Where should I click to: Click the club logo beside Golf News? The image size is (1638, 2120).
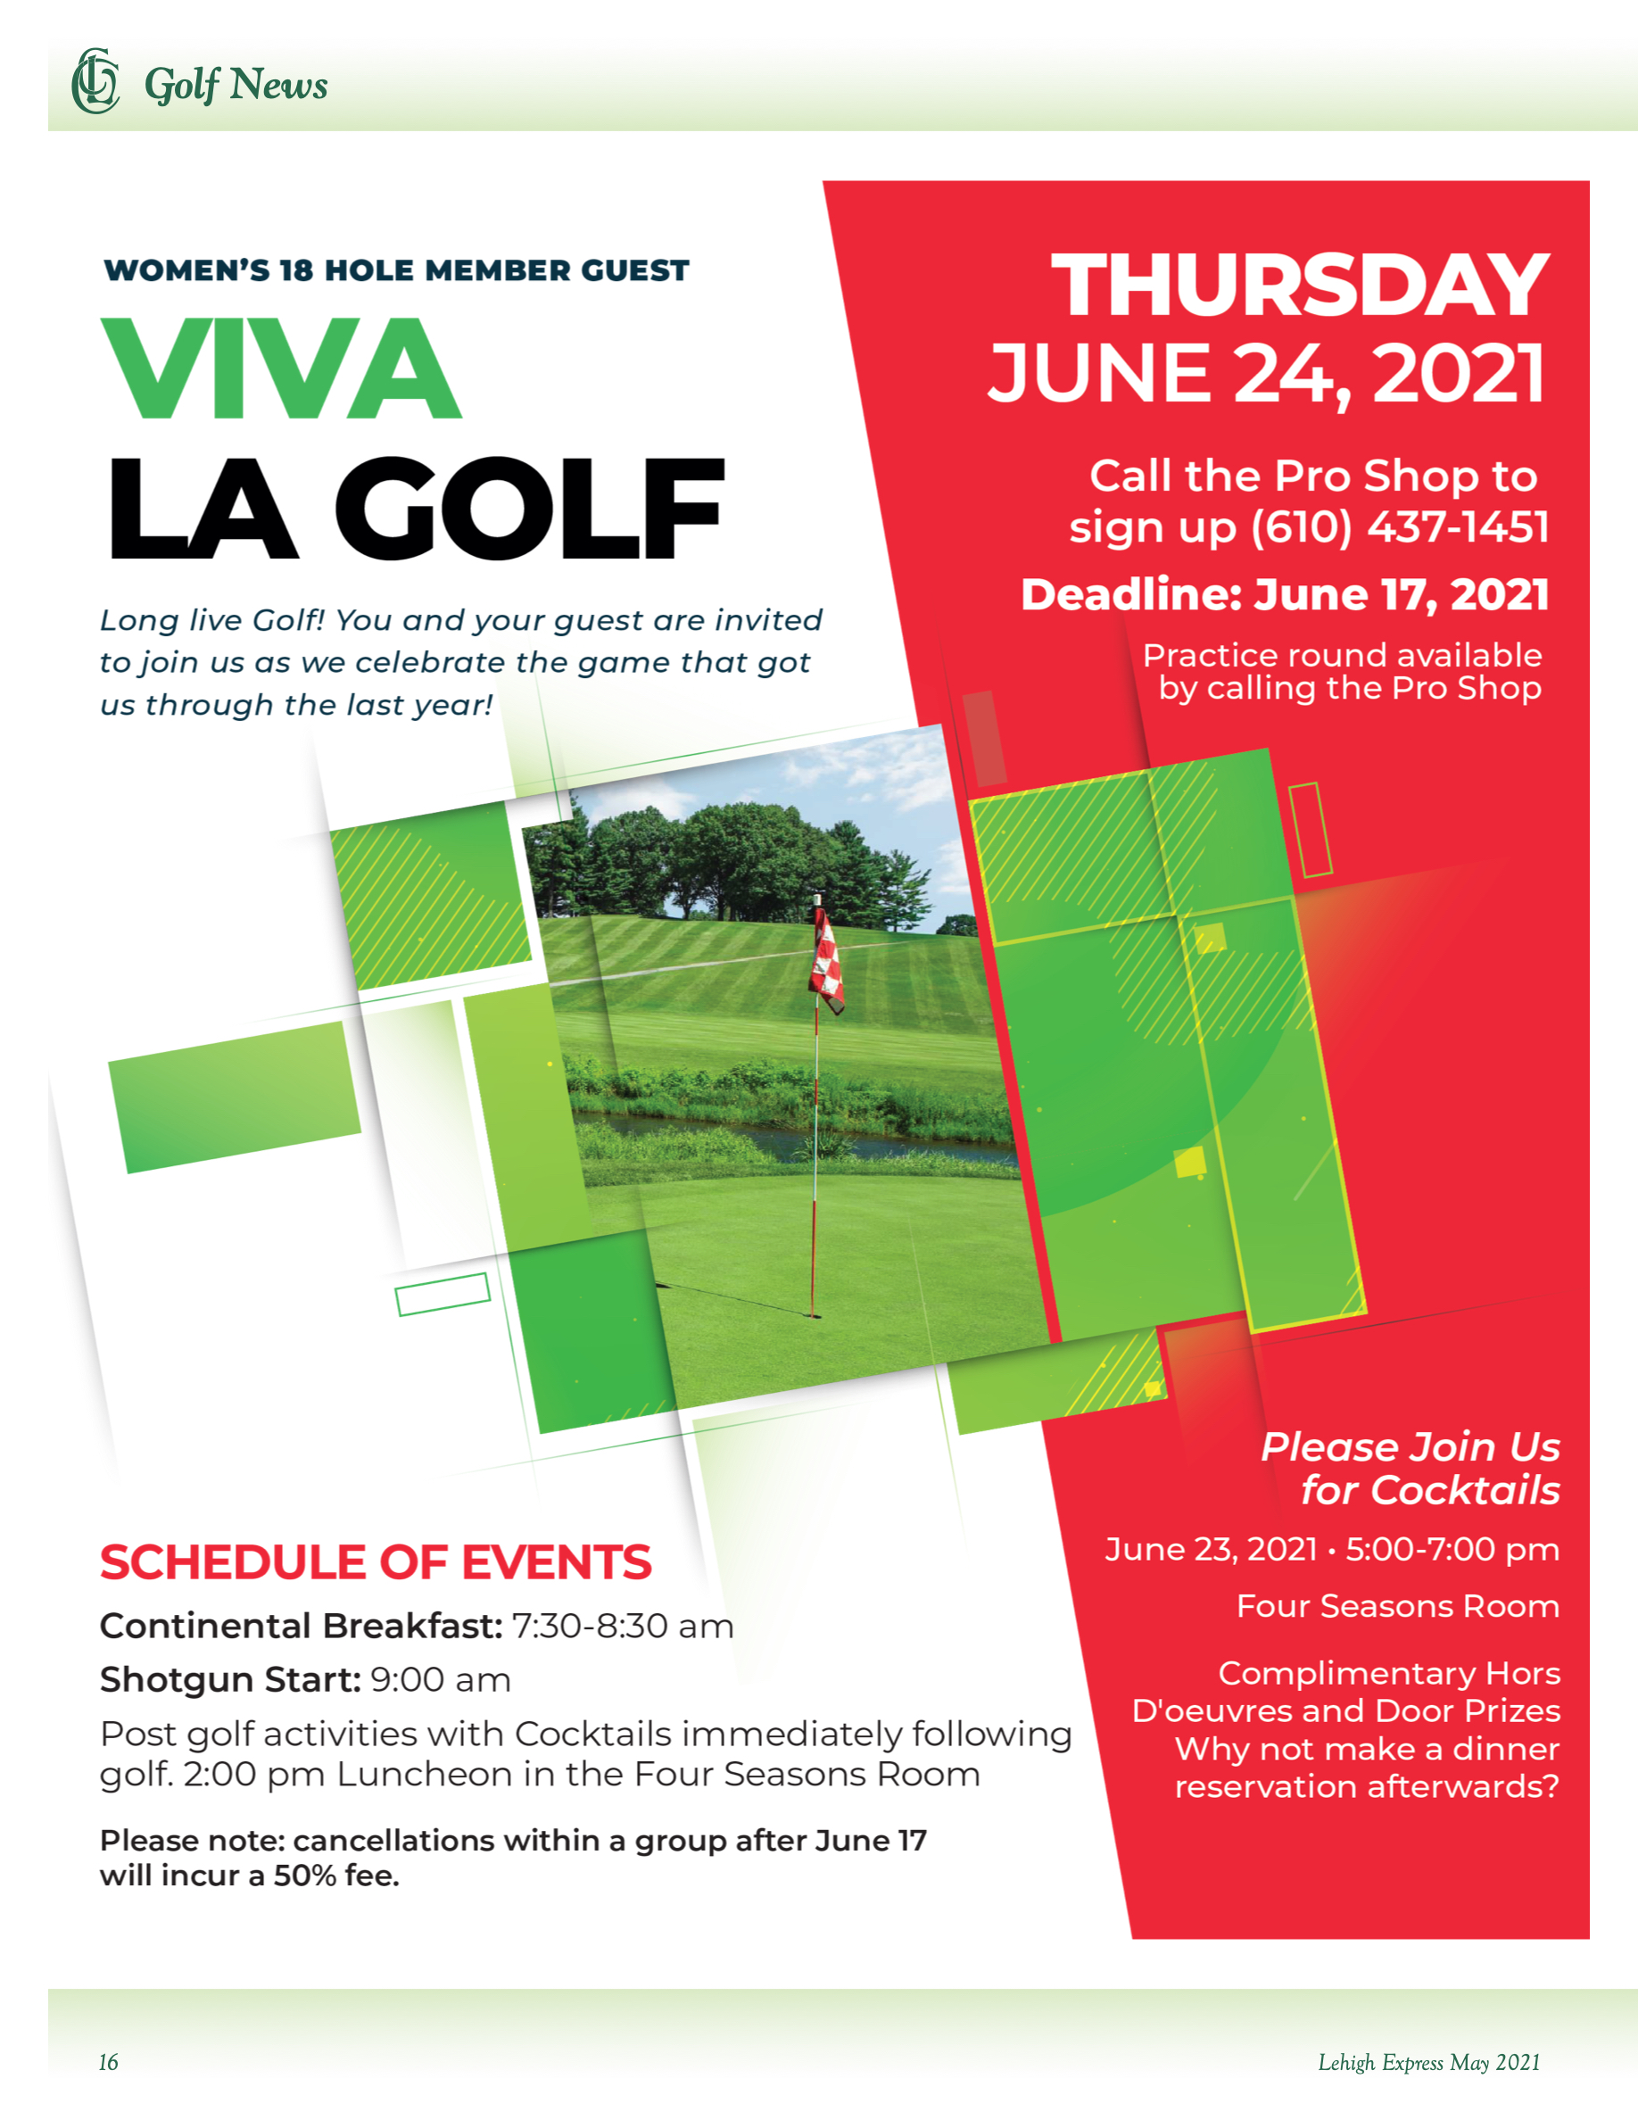click(95, 81)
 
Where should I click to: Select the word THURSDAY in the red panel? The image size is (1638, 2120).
click(1299, 286)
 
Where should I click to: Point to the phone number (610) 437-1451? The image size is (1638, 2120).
click(1399, 528)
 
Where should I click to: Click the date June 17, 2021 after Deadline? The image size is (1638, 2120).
click(1401, 595)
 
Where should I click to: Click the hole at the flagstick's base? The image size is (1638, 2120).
click(813, 1315)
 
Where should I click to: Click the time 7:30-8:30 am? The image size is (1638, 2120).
click(622, 1626)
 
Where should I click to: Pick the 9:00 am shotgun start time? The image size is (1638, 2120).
click(441, 1680)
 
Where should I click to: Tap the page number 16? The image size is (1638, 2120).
click(108, 2062)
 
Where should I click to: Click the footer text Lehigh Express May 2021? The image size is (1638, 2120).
click(1428, 2062)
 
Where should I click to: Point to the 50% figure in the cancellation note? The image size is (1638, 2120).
click(305, 1876)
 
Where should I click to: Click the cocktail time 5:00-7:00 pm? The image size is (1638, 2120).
click(1452, 1549)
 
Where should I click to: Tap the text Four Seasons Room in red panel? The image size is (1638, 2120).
click(1397, 1605)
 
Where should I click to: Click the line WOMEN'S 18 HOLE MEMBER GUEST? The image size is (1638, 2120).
click(396, 271)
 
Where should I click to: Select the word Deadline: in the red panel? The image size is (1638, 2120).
click(1131, 595)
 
